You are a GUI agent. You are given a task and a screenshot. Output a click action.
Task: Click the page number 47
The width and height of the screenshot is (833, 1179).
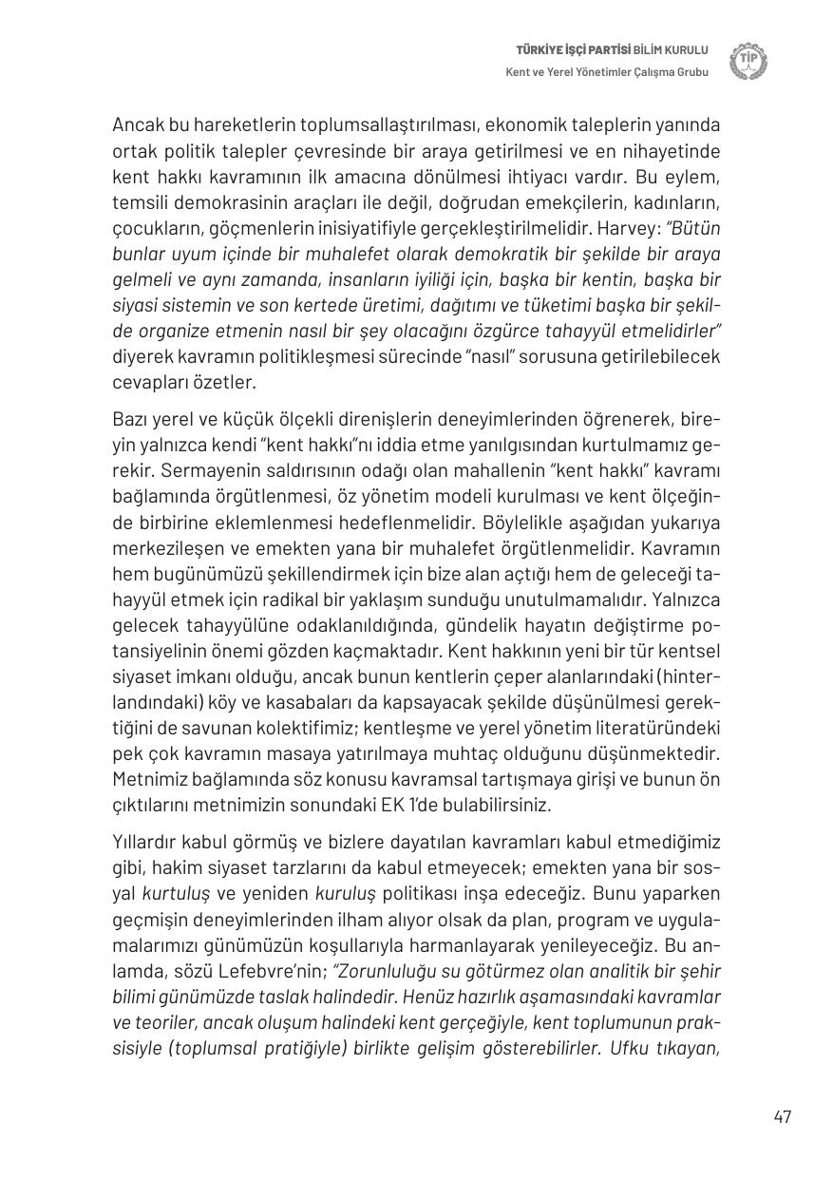[782, 1116]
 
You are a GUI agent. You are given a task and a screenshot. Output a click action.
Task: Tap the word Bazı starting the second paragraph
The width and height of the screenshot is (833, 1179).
[132, 419]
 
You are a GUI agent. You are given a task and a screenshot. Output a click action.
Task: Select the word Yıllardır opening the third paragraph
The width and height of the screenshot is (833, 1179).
[145, 842]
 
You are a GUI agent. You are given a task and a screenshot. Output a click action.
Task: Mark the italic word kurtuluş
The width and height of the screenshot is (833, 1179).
[179, 894]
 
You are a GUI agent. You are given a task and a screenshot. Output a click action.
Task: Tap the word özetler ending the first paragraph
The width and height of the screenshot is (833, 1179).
[228, 382]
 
